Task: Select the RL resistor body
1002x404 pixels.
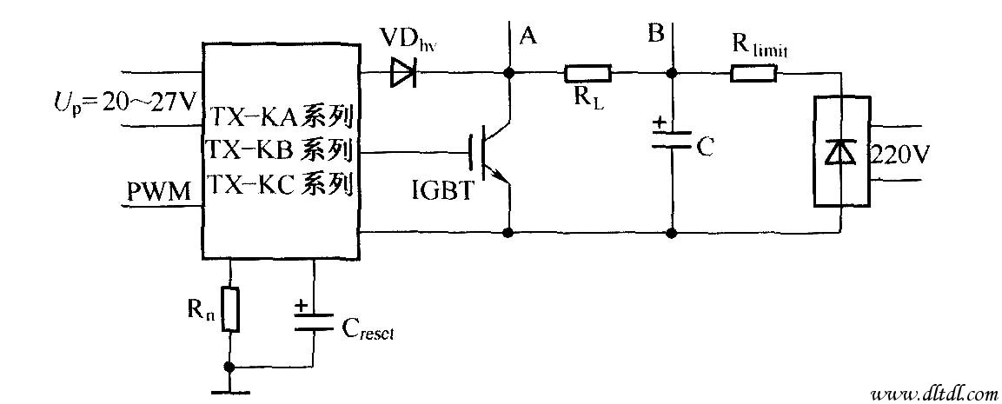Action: tap(588, 74)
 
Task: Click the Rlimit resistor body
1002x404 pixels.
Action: tap(753, 74)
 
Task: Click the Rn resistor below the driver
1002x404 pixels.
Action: tap(229, 309)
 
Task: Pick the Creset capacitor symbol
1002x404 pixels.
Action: tap(314, 321)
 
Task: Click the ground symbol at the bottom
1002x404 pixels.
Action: tap(229, 389)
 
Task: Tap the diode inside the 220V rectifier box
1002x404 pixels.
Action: tap(839, 153)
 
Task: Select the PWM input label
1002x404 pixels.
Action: tap(159, 192)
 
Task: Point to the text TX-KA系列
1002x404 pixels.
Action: tap(280, 116)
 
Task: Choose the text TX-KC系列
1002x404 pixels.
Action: tap(280, 185)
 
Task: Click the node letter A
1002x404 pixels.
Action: tap(527, 36)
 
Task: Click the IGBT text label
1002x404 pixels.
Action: tap(444, 191)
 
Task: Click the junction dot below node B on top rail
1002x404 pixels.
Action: tap(671, 75)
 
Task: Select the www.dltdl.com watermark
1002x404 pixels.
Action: tap(928, 392)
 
